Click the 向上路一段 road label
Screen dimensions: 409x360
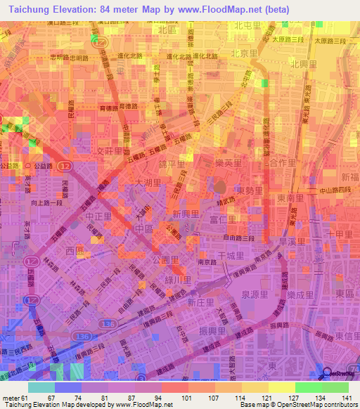tap(46, 201)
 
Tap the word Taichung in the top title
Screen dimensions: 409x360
tap(22, 10)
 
